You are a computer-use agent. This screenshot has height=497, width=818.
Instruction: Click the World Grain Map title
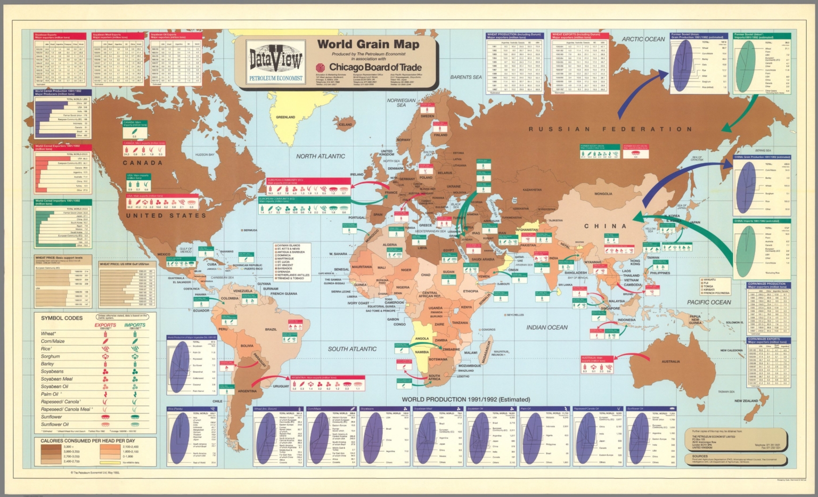(x=369, y=44)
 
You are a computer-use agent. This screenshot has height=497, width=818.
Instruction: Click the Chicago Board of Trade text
(x=375, y=68)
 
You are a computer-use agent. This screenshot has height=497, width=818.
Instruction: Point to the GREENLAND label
(x=285, y=117)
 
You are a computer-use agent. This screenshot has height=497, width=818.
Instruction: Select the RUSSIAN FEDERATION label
(x=610, y=129)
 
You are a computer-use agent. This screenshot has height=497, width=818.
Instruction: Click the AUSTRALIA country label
(x=670, y=362)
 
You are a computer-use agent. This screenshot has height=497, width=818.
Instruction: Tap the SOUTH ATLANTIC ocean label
(x=352, y=349)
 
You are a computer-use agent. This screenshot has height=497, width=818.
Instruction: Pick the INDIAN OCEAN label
(x=547, y=327)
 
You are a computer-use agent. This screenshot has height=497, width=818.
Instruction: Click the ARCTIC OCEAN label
(x=643, y=39)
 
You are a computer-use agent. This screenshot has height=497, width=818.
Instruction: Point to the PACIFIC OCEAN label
(x=709, y=302)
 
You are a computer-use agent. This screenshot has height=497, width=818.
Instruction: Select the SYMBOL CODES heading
(x=62, y=318)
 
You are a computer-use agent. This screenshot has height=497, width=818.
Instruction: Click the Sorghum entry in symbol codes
(x=51, y=356)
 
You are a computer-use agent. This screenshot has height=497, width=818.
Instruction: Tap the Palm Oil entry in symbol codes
(x=50, y=394)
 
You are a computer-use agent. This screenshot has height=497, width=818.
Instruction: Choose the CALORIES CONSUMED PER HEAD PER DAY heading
(x=88, y=441)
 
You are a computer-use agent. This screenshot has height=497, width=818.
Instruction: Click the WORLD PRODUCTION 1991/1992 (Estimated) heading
(x=465, y=399)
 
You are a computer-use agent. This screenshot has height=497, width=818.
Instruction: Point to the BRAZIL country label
(x=271, y=330)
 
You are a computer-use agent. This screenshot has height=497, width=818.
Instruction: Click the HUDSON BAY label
(x=204, y=154)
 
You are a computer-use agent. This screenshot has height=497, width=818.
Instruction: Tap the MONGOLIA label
(x=603, y=194)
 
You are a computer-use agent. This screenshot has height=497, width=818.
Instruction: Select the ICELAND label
(x=345, y=125)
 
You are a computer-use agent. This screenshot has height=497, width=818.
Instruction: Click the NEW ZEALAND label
(x=746, y=401)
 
